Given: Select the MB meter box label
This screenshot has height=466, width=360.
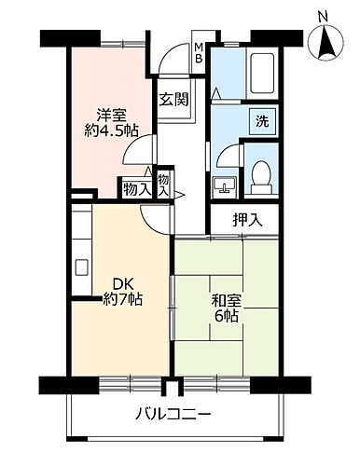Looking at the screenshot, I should click(x=199, y=54).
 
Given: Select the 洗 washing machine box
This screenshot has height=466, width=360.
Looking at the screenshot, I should click(x=262, y=121).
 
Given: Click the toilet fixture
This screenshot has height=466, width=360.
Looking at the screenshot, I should click(x=262, y=173).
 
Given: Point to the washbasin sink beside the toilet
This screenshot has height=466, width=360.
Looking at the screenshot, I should click(x=224, y=185).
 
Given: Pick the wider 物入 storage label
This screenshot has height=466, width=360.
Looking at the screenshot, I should click(x=135, y=187).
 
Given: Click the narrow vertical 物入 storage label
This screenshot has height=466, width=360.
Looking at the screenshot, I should click(x=163, y=184).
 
